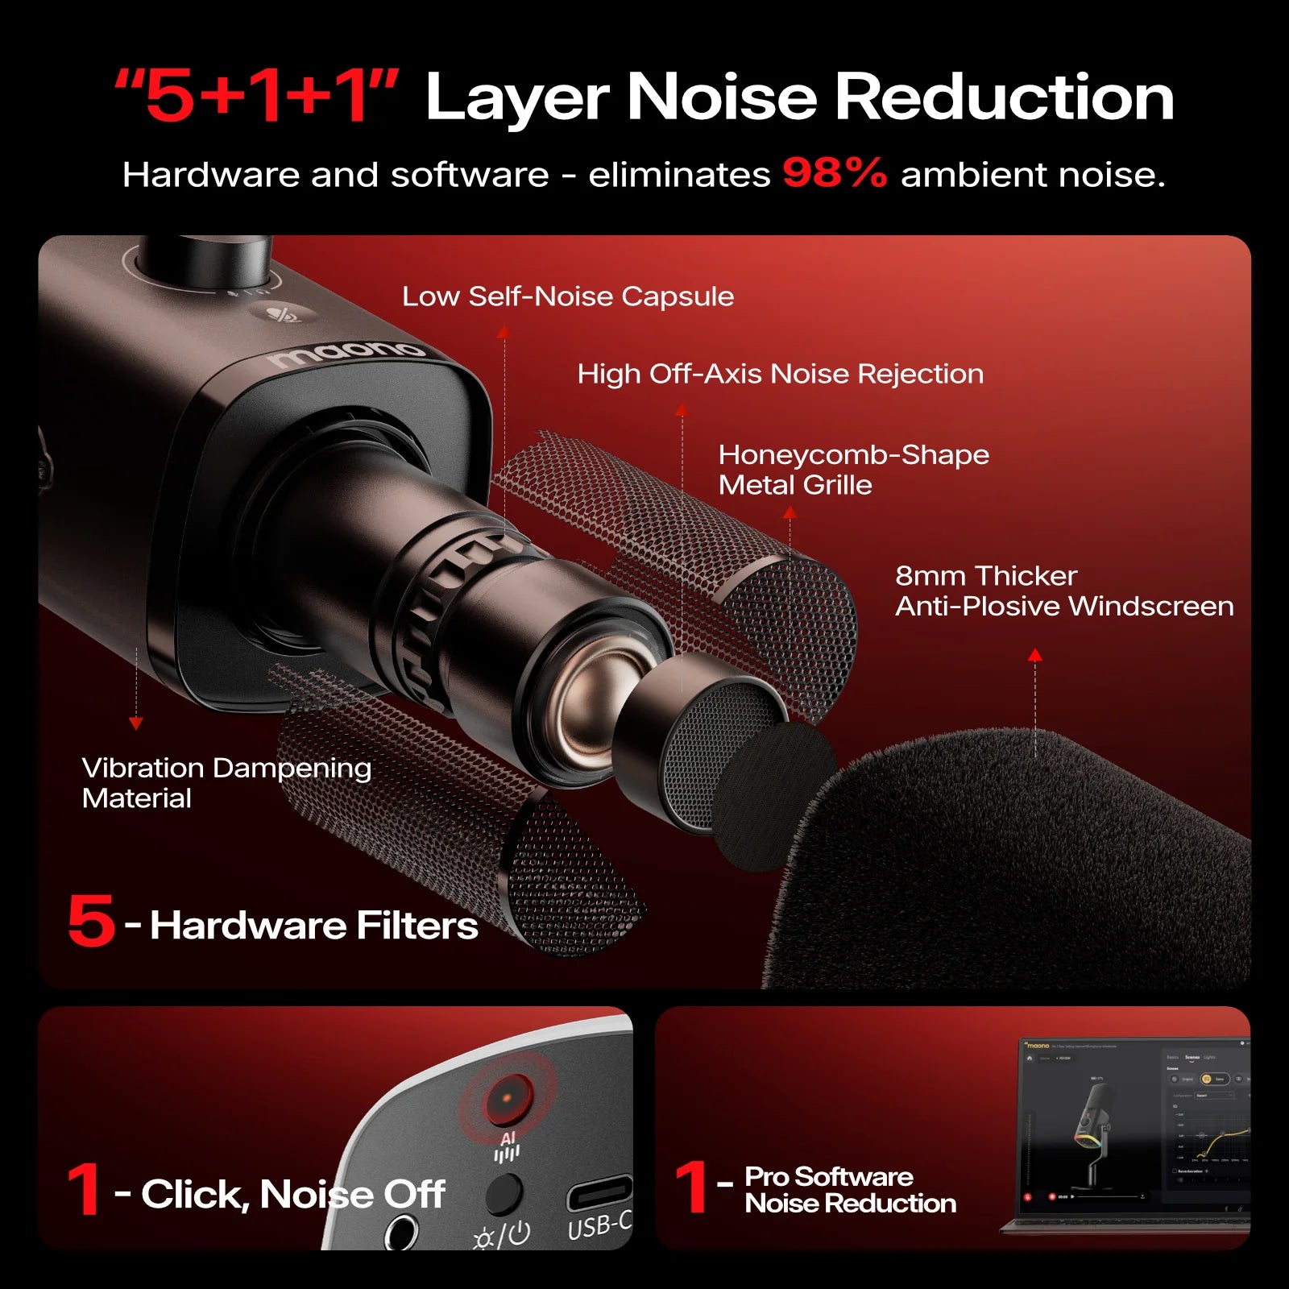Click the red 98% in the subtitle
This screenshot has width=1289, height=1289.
pyautogui.click(x=834, y=173)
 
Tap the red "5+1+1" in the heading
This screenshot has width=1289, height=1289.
pyautogui.click(x=256, y=97)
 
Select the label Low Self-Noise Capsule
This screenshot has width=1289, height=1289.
pyautogui.click(x=568, y=296)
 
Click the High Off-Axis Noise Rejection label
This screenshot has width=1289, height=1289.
pyautogui.click(x=780, y=374)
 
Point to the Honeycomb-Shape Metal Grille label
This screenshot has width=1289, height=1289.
pyautogui.click(x=852, y=470)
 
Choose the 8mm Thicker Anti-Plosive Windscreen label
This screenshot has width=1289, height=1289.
pyautogui.click(x=1063, y=591)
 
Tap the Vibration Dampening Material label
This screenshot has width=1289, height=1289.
pyautogui.click(x=226, y=782)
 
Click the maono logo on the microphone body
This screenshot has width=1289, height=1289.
pyautogui.click(x=346, y=352)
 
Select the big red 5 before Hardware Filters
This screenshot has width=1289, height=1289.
pyautogui.click(x=91, y=921)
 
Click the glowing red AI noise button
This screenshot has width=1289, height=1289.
pyautogui.click(x=508, y=1099)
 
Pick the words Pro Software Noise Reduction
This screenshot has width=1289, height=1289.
pyautogui.click(x=850, y=1190)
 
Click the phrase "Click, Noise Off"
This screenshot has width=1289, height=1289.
pyautogui.click(x=292, y=1194)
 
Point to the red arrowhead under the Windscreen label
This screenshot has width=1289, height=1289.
pyautogui.click(x=1035, y=656)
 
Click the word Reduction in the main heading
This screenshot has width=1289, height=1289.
pyautogui.click(x=1003, y=97)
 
